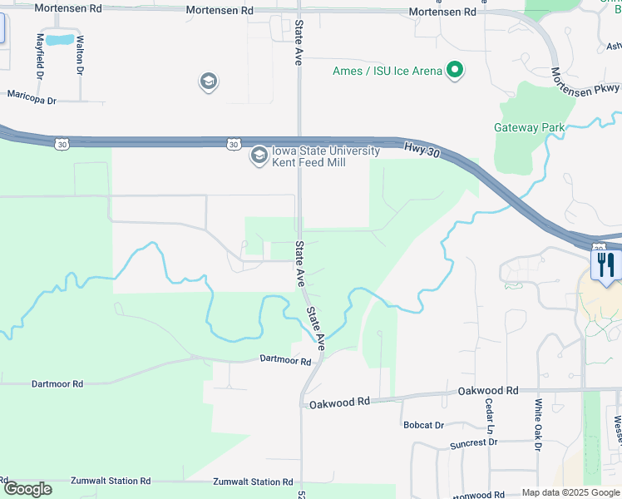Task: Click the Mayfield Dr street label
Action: pyautogui.click(x=40, y=56)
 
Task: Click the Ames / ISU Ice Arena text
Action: pyautogui.click(x=387, y=71)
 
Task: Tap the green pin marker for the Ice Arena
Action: pyautogui.click(x=455, y=71)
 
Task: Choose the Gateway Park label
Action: pyautogui.click(x=529, y=127)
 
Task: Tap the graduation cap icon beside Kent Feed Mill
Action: pyautogui.click(x=259, y=155)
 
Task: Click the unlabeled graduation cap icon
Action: pyautogui.click(x=208, y=82)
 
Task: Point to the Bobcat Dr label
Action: pyautogui.click(x=423, y=425)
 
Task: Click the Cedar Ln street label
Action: pyautogui.click(x=489, y=417)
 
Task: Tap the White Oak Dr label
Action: pyautogui.click(x=538, y=425)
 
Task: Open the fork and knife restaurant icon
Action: pyautogui.click(x=605, y=266)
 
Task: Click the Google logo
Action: pyautogui.click(x=27, y=490)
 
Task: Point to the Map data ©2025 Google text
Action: pyautogui.click(x=570, y=492)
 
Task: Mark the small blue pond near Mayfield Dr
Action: pyautogui.click(x=59, y=40)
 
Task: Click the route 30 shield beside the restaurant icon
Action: pyautogui.click(x=599, y=248)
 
